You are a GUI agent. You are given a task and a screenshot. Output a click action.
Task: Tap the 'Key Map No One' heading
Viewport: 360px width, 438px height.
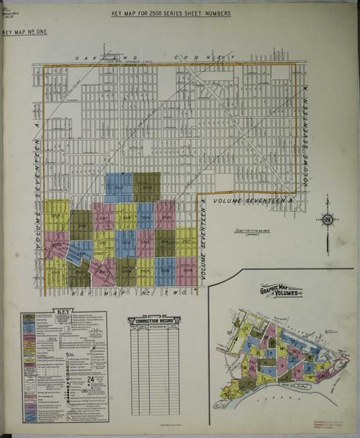(x=24, y=33)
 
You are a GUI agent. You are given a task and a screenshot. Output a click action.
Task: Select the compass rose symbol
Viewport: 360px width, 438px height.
(x=327, y=219)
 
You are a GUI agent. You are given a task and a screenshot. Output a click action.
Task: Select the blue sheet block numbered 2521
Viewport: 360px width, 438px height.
(x=118, y=188)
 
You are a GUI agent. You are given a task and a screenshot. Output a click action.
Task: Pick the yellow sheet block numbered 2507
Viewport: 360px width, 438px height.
(x=186, y=241)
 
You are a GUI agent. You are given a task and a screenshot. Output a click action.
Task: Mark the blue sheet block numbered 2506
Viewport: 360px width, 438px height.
(x=165, y=270)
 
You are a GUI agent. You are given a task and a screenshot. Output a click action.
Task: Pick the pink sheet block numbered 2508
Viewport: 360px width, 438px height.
(x=186, y=270)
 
